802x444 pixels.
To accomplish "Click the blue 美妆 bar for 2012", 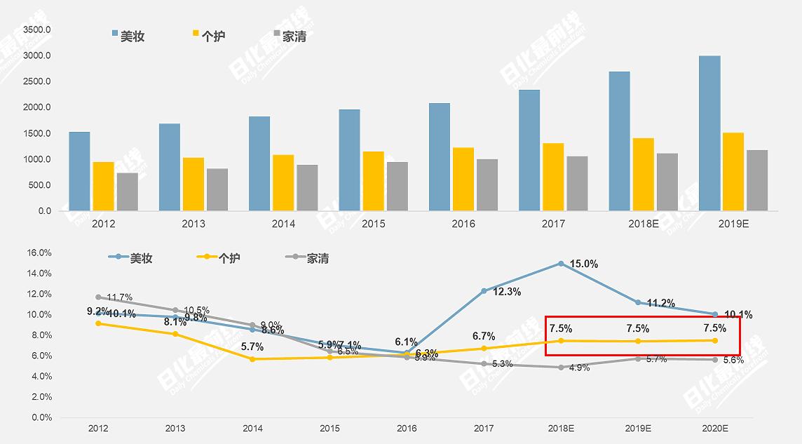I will coord(79,171).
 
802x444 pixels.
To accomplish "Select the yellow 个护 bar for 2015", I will coord(373,181).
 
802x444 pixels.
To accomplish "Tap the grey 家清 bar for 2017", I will coord(577,183).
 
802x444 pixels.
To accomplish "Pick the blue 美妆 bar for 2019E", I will coord(709,133).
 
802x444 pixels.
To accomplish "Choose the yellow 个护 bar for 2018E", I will coord(642,174).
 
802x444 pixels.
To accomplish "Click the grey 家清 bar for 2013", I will coord(217,189).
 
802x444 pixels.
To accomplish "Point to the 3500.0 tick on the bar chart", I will coord(36,29).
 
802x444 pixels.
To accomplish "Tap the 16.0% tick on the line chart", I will coord(39,253).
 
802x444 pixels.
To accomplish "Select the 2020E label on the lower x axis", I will coord(715,428).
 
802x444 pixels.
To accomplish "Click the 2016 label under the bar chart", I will coord(463,224).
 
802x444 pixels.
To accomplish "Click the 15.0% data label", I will coord(583,264).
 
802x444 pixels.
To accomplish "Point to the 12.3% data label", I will coord(507,292).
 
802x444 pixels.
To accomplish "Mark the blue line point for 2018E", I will coord(561,263).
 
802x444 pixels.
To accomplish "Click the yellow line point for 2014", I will coord(252,359).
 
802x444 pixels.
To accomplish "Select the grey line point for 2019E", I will coord(638,358).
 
